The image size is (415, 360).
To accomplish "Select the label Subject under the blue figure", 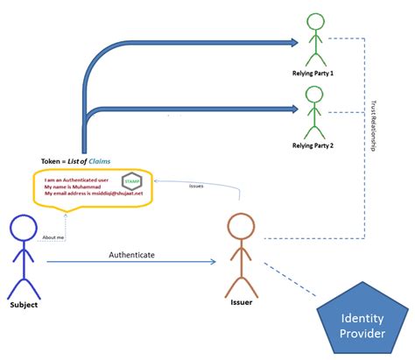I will click(x=24, y=306).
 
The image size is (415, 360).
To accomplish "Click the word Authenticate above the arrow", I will click(x=131, y=254).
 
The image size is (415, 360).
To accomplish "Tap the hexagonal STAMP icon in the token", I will click(x=132, y=181).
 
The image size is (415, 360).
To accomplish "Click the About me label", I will click(x=53, y=236).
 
